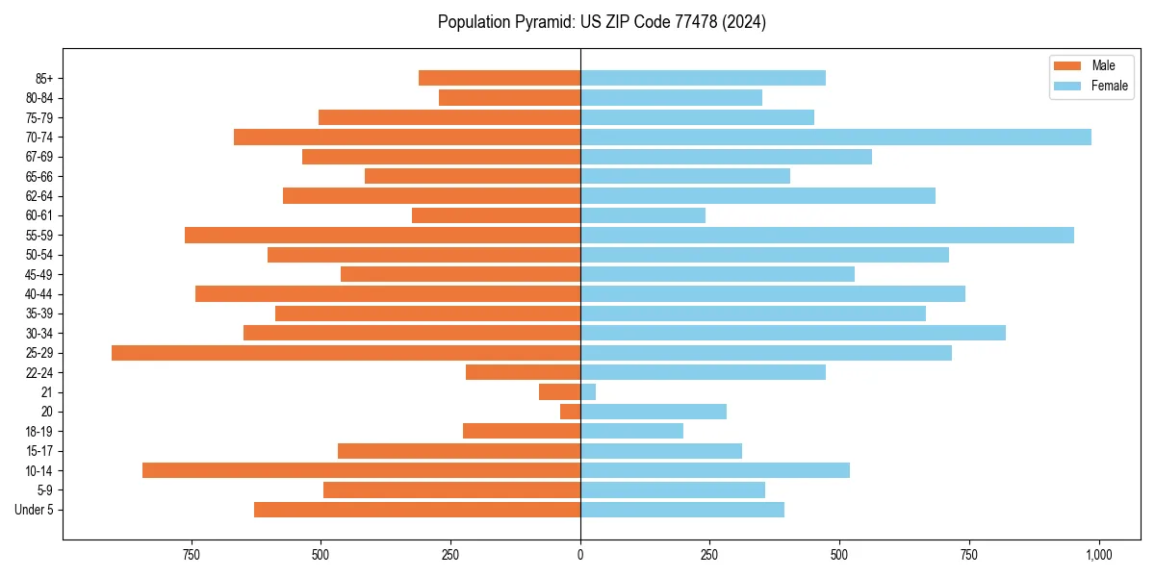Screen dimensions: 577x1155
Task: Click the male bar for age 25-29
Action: point(346,353)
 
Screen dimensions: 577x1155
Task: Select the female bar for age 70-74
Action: point(835,138)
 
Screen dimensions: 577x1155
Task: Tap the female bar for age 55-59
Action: point(827,236)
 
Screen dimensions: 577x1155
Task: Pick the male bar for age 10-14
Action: point(361,470)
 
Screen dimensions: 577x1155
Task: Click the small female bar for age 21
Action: point(588,392)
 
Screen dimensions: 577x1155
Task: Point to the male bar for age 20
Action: point(570,412)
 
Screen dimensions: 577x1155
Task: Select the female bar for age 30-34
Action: point(792,333)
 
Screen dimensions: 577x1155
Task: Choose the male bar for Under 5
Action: point(417,510)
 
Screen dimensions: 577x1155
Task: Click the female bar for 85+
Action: point(703,78)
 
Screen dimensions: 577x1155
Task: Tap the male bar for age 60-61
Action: point(496,215)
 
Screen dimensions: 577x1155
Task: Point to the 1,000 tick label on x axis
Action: point(1098,555)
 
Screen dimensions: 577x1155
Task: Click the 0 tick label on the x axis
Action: point(580,555)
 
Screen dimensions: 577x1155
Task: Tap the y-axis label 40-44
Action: point(39,294)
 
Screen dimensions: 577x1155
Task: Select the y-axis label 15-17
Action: point(39,451)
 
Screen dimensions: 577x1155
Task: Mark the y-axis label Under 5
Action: point(34,510)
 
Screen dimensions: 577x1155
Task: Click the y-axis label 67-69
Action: point(39,157)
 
